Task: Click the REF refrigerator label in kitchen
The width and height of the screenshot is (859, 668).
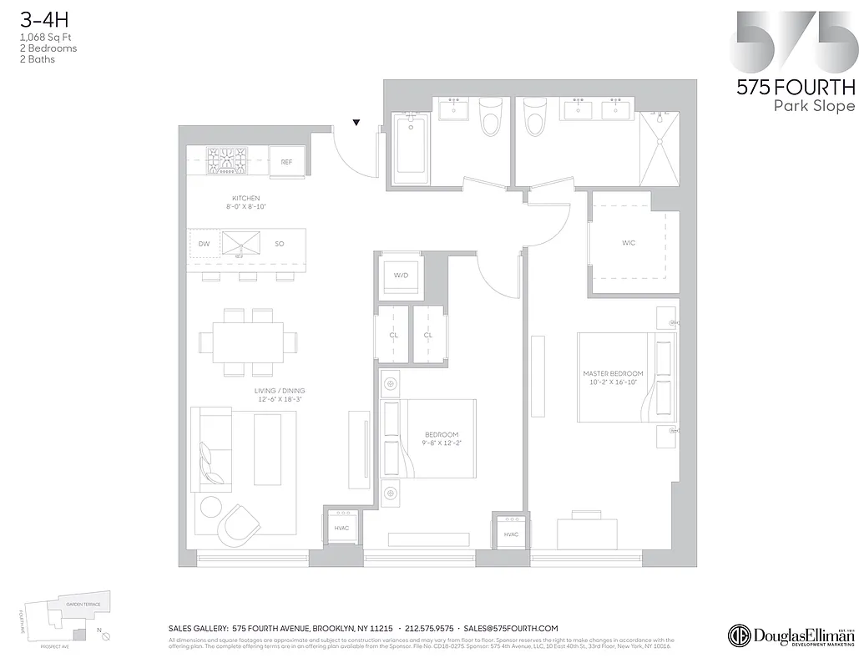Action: (286, 162)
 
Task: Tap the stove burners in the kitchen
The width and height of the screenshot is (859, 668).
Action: (227, 160)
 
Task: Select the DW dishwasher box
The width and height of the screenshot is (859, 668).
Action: (204, 245)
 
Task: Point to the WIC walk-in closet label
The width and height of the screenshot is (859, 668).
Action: (629, 243)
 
